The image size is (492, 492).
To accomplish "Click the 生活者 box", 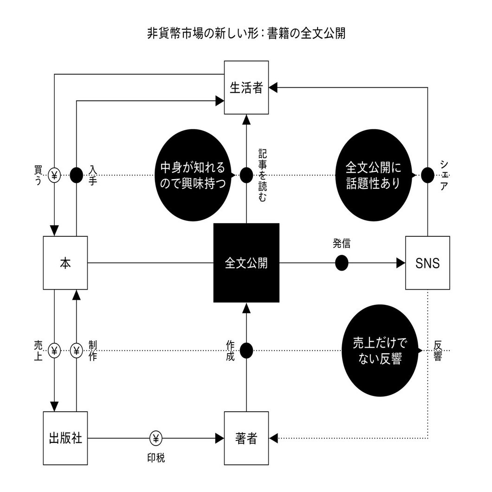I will tap(246, 88).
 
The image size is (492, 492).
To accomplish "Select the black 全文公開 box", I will tap(246, 263).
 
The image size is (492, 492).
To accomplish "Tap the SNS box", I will tap(427, 263).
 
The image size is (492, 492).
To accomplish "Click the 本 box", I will tap(65, 263).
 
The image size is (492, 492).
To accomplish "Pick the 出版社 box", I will tap(65, 438).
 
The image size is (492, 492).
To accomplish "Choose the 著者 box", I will tap(246, 438).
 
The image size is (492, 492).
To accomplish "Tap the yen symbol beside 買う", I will tap(54, 175).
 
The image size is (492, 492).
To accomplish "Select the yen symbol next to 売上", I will tap(54, 350).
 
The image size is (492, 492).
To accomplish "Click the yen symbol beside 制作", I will tap(76, 350).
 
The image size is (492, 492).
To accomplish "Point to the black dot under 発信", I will tap(342, 263).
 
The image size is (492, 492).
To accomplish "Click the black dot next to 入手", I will tap(76, 175).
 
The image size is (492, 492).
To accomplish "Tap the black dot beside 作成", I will tap(246, 350).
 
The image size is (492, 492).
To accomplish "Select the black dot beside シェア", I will tap(427, 175).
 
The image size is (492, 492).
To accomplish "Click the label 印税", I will tap(153, 458).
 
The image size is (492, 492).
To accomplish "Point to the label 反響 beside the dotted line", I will tap(437, 351).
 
